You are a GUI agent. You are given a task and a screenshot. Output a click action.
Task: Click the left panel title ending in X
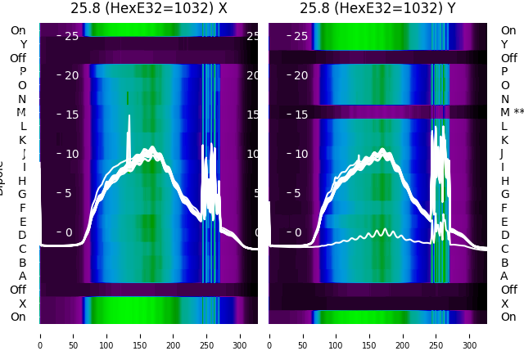tap(148, 8)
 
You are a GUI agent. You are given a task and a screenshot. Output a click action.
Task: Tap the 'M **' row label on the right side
tap(513, 113)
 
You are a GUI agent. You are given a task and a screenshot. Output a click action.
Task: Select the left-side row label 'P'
tap(23, 71)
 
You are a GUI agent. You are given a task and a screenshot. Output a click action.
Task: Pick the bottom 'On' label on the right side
tap(508, 317)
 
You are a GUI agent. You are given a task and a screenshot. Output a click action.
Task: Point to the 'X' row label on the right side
tap(504, 304)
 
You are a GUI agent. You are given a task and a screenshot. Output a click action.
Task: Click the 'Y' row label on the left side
tap(23, 44)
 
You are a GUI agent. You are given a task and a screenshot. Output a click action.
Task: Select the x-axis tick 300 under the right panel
tap(470, 335)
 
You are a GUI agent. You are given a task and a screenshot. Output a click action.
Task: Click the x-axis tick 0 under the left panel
tap(40, 335)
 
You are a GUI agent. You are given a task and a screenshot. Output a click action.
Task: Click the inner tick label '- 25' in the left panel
tap(68, 36)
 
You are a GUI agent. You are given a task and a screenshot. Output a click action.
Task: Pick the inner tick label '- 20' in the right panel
tap(297, 75)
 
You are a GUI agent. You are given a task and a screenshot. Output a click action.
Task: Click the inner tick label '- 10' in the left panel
tap(68, 154)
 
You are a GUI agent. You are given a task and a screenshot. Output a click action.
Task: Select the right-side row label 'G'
tap(504, 194)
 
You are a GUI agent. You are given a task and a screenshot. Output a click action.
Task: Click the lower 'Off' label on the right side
tap(508, 290)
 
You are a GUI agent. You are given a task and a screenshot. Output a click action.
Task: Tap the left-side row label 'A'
tap(23, 276)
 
